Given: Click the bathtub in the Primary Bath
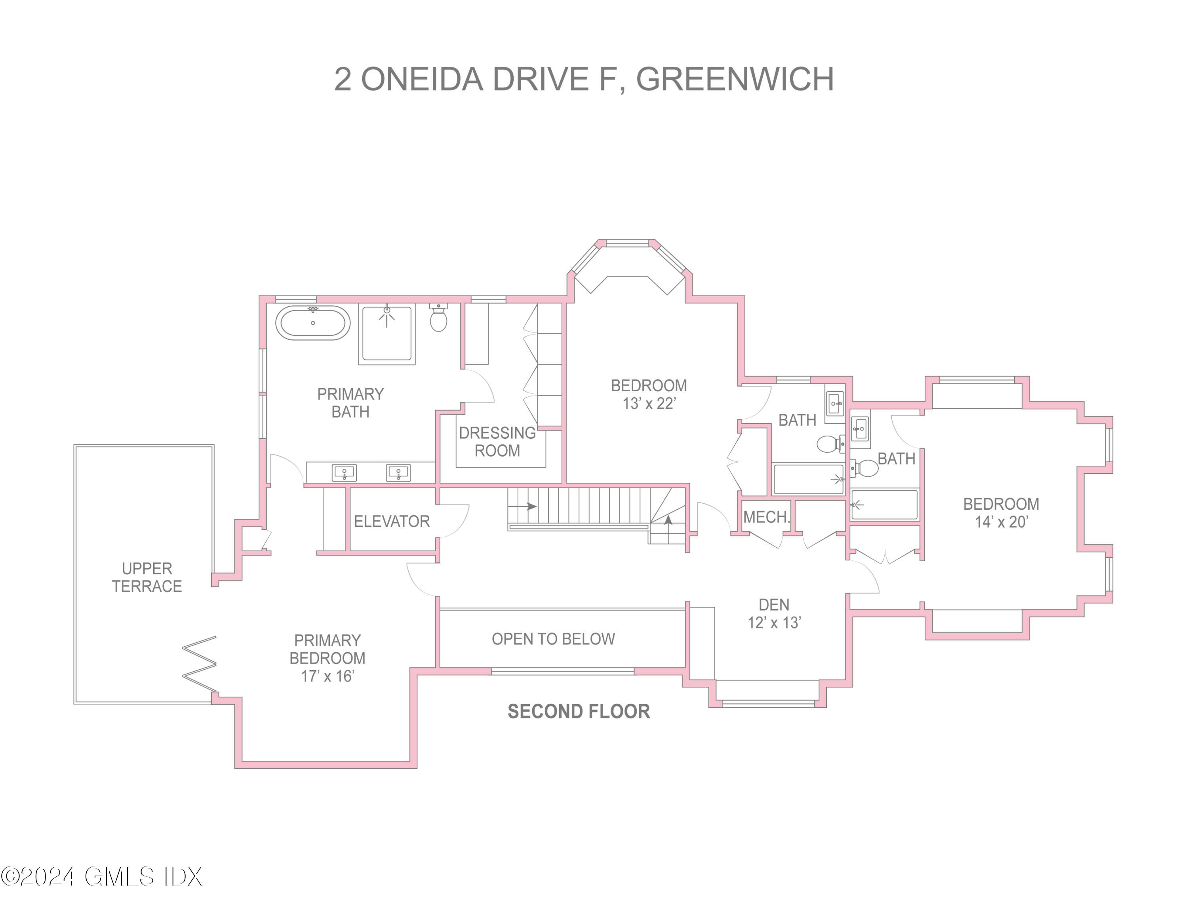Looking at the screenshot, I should click(313, 323).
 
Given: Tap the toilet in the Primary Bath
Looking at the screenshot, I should click(438, 319).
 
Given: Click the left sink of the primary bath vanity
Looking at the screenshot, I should click(345, 472).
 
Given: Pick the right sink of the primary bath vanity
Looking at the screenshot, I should click(398, 472).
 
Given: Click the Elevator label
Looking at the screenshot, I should click(392, 522).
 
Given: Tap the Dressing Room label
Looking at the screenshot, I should click(497, 442).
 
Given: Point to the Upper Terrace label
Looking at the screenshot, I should click(147, 577).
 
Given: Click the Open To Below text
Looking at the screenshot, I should click(553, 639).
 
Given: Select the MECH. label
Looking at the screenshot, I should click(766, 517).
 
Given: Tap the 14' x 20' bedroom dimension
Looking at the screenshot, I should click(1001, 522).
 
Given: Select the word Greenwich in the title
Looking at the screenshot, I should click(734, 79).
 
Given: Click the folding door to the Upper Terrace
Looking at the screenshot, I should click(200, 664).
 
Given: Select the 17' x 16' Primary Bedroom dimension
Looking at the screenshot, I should click(327, 676).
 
